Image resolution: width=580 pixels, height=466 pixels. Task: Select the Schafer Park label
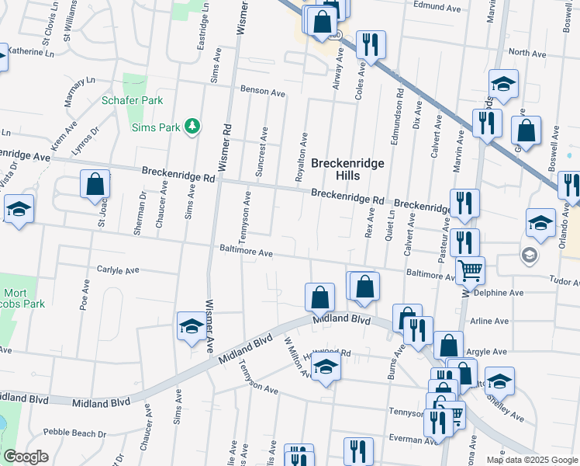tap(132, 100)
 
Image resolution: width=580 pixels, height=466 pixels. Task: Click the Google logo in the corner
tap(26, 457)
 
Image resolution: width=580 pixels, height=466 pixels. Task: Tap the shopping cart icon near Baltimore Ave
tap(470, 271)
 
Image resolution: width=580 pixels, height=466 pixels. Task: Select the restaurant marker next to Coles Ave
tap(371, 44)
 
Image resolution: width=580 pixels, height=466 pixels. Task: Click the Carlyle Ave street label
tap(117, 270)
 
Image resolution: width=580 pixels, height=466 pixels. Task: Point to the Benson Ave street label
tap(262, 91)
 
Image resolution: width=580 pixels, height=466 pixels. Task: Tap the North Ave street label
tap(528, 53)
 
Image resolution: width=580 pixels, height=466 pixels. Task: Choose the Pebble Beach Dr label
tap(74, 432)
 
